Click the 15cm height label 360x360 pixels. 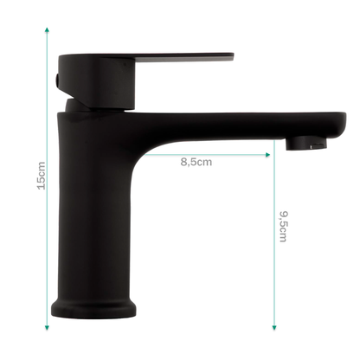tap(42, 176)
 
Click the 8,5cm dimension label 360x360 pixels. tap(196, 162)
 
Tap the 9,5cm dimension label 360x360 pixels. tap(284, 227)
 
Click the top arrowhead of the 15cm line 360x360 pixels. tap(47, 29)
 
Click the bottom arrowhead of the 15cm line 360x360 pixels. tap(47, 327)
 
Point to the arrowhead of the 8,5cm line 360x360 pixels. tap(267, 155)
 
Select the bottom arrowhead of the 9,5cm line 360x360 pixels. tap(274, 327)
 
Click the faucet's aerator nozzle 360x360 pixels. tap(306, 143)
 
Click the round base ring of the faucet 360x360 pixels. tap(93, 308)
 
